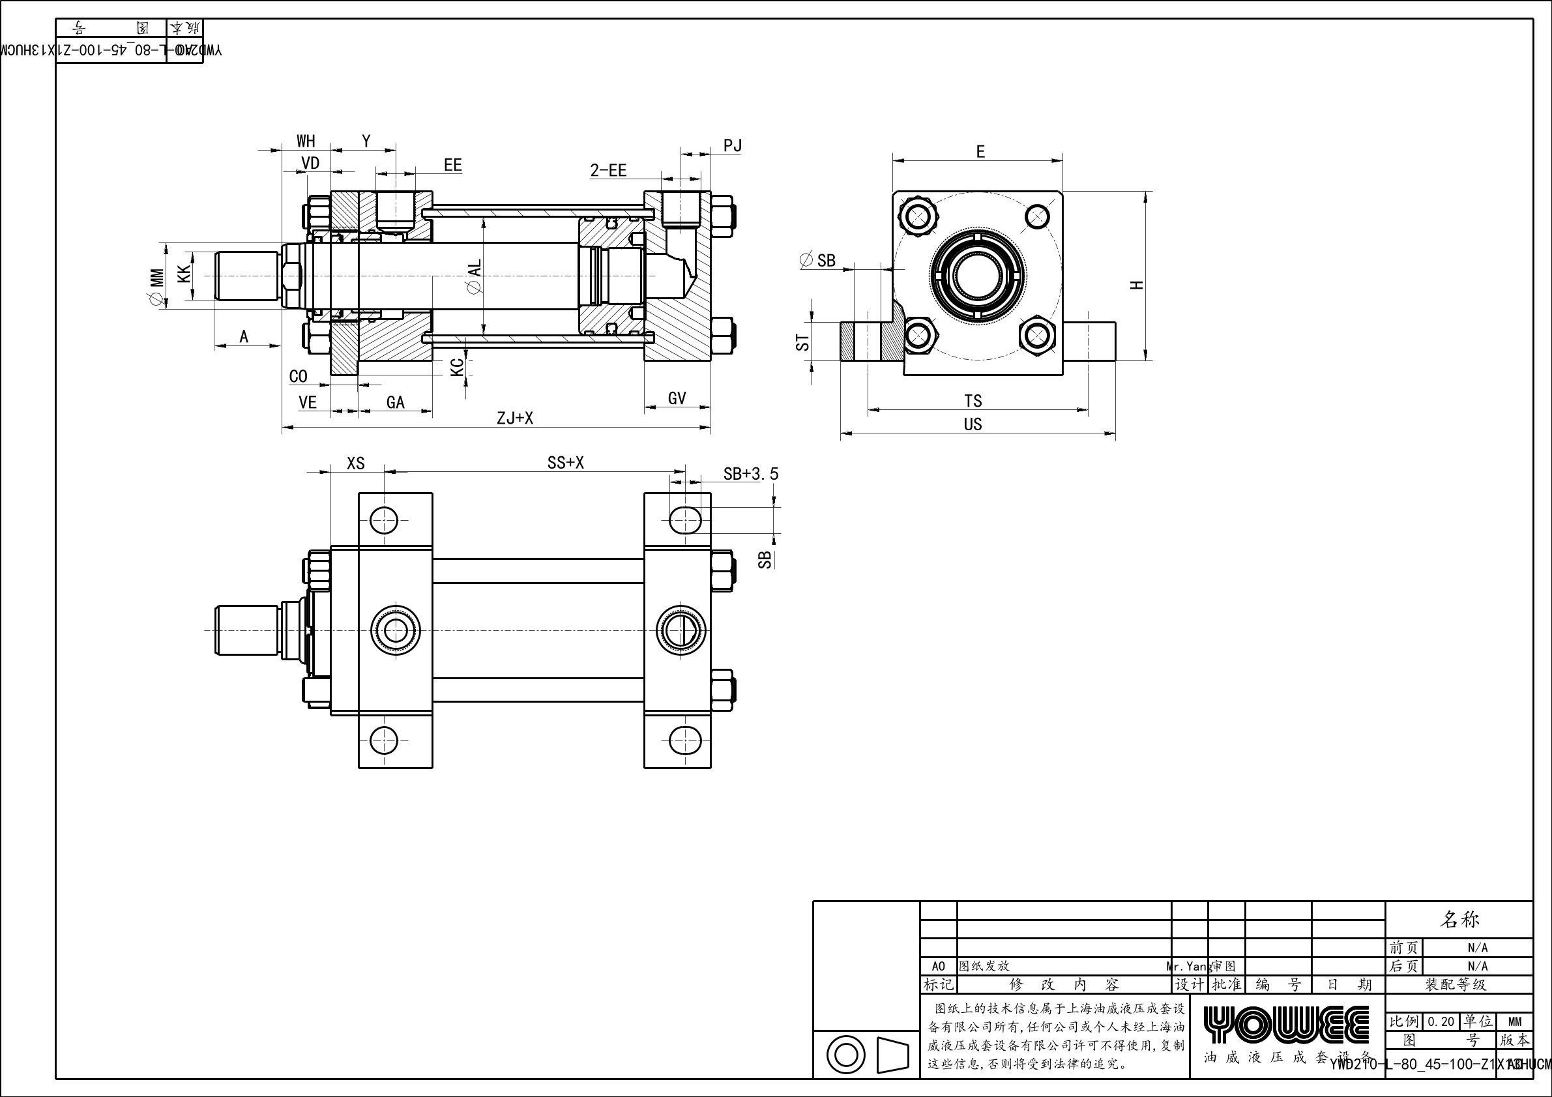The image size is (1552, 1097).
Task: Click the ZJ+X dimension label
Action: [x=515, y=418]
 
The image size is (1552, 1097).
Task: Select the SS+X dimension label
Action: [x=565, y=463]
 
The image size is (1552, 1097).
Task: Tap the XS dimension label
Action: [x=355, y=463]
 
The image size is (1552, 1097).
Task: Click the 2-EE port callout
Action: [x=608, y=170]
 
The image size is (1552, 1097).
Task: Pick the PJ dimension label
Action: [x=733, y=145]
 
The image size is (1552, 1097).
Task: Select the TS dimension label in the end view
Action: [x=973, y=401]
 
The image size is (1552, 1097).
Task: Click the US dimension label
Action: [x=973, y=424]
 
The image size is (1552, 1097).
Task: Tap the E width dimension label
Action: [x=980, y=152]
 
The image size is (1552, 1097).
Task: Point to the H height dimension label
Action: [x=1137, y=285]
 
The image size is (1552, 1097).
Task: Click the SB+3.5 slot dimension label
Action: [x=750, y=475]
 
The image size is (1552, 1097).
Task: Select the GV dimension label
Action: [x=677, y=399]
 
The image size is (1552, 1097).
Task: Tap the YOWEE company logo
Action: [x=1286, y=1025]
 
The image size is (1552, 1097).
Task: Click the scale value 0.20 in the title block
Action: [x=1441, y=1021]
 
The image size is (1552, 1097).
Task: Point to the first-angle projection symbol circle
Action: [x=845, y=1055]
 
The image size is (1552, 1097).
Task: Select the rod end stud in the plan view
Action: [x=248, y=630]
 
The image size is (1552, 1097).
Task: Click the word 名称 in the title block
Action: [x=1460, y=919]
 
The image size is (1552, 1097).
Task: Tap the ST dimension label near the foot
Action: [x=802, y=342]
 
